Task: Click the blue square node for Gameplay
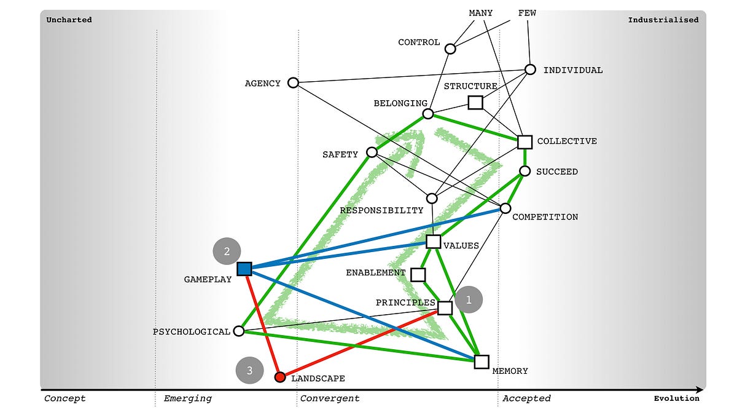[x=244, y=269]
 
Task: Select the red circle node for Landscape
[x=280, y=376]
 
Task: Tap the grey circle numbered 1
[x=469, y=300]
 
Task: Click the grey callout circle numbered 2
[x=227, y=251]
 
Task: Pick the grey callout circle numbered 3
[x=249, y=370]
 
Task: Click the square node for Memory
[x=482, y=362]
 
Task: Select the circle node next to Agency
[x=293, y=82]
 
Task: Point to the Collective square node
[x=524, y=142]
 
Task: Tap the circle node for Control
[x=450, y=49]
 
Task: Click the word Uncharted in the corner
[x=69, y=20]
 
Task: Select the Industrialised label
[x=663, y=20]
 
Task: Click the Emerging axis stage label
[x=187, y=398]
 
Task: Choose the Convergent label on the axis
[x=330, y=398]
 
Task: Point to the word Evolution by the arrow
[x=676, y=398]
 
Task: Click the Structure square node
[x=475, y=102]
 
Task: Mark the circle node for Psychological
[x=240, y=331]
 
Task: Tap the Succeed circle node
[x=524, y=171]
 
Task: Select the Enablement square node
[x=418, y=274]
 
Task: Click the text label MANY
[x=480, y=12]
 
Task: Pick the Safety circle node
[x=372, y=152]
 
